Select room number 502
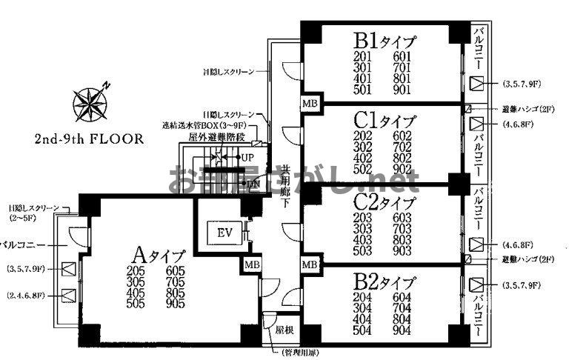point(363,169)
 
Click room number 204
point(363,299)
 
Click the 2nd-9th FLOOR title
point(88,140)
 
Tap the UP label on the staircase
point(247,158)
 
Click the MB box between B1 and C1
point(309,104)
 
